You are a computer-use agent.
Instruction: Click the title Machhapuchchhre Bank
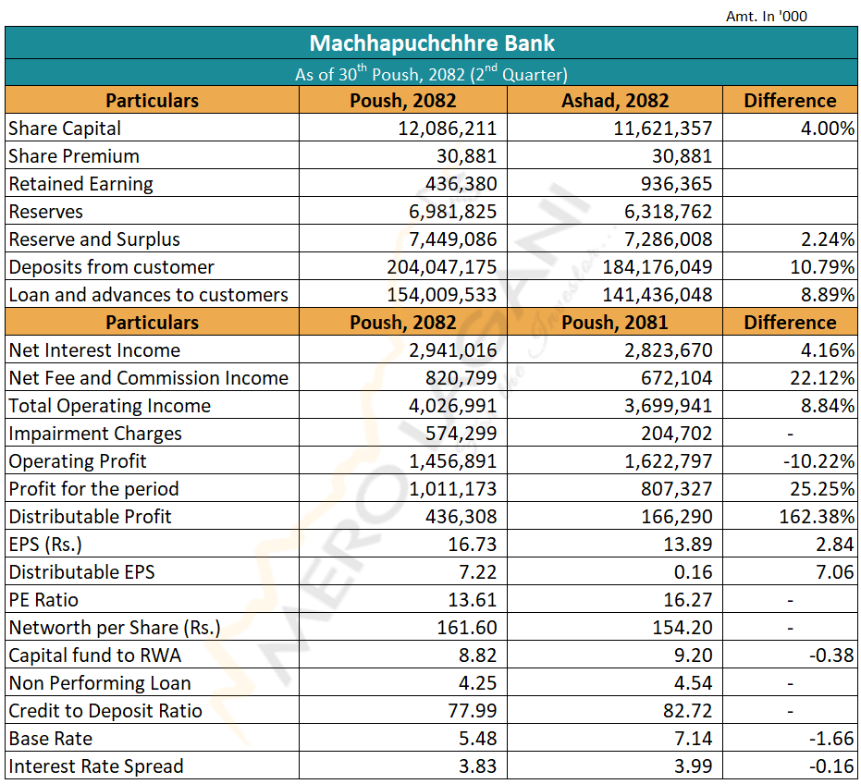[x=431, y=43]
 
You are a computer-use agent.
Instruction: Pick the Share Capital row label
[x=65, y=129]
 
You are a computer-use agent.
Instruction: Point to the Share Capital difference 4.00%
[x=827, y=129]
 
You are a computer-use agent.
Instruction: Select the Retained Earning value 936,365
[x=676, y=184]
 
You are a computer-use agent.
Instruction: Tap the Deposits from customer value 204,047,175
[x=441, y=267]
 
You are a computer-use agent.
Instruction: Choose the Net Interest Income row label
[x=94, y=350]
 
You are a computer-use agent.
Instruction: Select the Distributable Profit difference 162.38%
[x=817, y=517]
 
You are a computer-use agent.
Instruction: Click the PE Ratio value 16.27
[x=687, y=600]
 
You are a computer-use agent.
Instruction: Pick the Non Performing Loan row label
[x=100, y=683]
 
